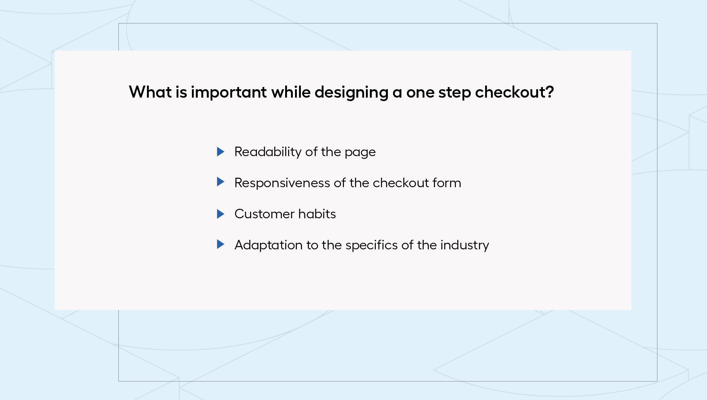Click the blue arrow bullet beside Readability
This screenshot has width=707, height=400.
coord(220,152)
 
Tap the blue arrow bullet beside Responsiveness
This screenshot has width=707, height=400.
coord(220,182)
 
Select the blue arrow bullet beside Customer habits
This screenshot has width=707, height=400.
coord(220,214)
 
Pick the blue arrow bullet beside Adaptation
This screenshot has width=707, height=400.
coord(220,244)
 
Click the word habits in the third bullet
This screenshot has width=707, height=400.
coord(317,214)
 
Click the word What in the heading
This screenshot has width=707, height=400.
coord(150,92)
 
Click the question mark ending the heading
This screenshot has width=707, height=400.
coord(549,92)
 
